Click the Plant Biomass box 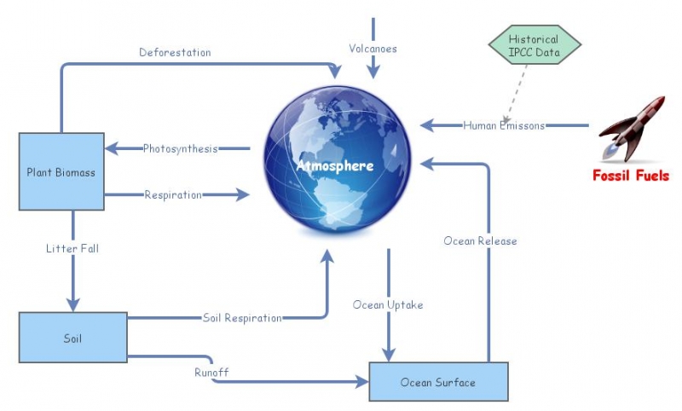61,171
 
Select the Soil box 72,339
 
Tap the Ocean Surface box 438,382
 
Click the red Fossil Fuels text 631,177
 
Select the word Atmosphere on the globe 335,165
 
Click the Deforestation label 175,52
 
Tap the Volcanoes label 372,48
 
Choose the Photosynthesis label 180,148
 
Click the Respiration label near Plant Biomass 173,194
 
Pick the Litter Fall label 72,248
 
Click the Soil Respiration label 242,318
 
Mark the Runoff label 211,372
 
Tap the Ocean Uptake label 388,304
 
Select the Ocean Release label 480,240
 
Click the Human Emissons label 504,125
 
